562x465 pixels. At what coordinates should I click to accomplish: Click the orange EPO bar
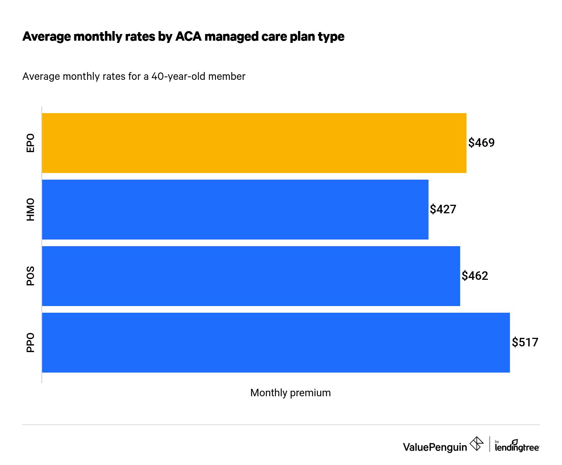click(254, 143)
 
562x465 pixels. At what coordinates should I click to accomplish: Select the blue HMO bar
click(235, 210)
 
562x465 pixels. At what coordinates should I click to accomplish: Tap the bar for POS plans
click(251, 276)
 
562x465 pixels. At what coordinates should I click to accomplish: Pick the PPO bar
click(276, 343)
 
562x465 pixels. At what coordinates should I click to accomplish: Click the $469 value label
click(481, 143)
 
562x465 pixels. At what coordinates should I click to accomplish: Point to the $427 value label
click(443, 209)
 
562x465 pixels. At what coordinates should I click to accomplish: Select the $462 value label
click(475, 276)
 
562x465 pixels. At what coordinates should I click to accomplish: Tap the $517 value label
click(525, 342)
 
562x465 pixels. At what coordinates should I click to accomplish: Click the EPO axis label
click(30, 143)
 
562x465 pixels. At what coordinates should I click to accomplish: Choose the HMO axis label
click(30, 210)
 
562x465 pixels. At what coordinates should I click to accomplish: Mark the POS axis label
click(30, 276)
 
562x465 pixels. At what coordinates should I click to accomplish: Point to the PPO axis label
click(30, 343)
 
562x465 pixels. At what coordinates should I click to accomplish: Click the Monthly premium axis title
click(290, 393)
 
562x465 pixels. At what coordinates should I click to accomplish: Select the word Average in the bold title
click(47, 37)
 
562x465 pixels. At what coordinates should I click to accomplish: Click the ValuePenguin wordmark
click(435, 447)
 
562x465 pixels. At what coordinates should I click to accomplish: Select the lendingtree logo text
click(517, 447)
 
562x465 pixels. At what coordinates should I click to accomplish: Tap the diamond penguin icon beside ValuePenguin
click(477, 444)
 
